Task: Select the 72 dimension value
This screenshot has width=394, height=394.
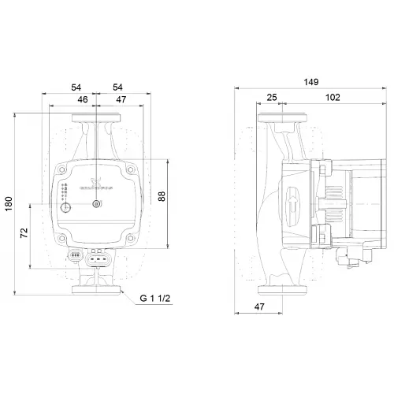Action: [24, 234]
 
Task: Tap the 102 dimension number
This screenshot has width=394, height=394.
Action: [332, 98]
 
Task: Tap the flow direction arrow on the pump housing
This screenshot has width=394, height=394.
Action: [292, 196]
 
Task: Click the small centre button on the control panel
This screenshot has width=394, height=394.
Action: [96, 206]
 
